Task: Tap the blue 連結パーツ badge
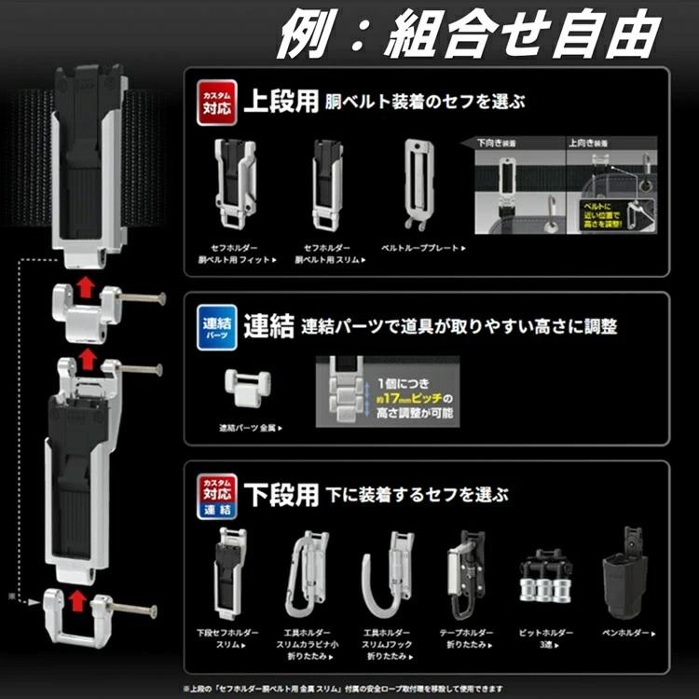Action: click(215, 328)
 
